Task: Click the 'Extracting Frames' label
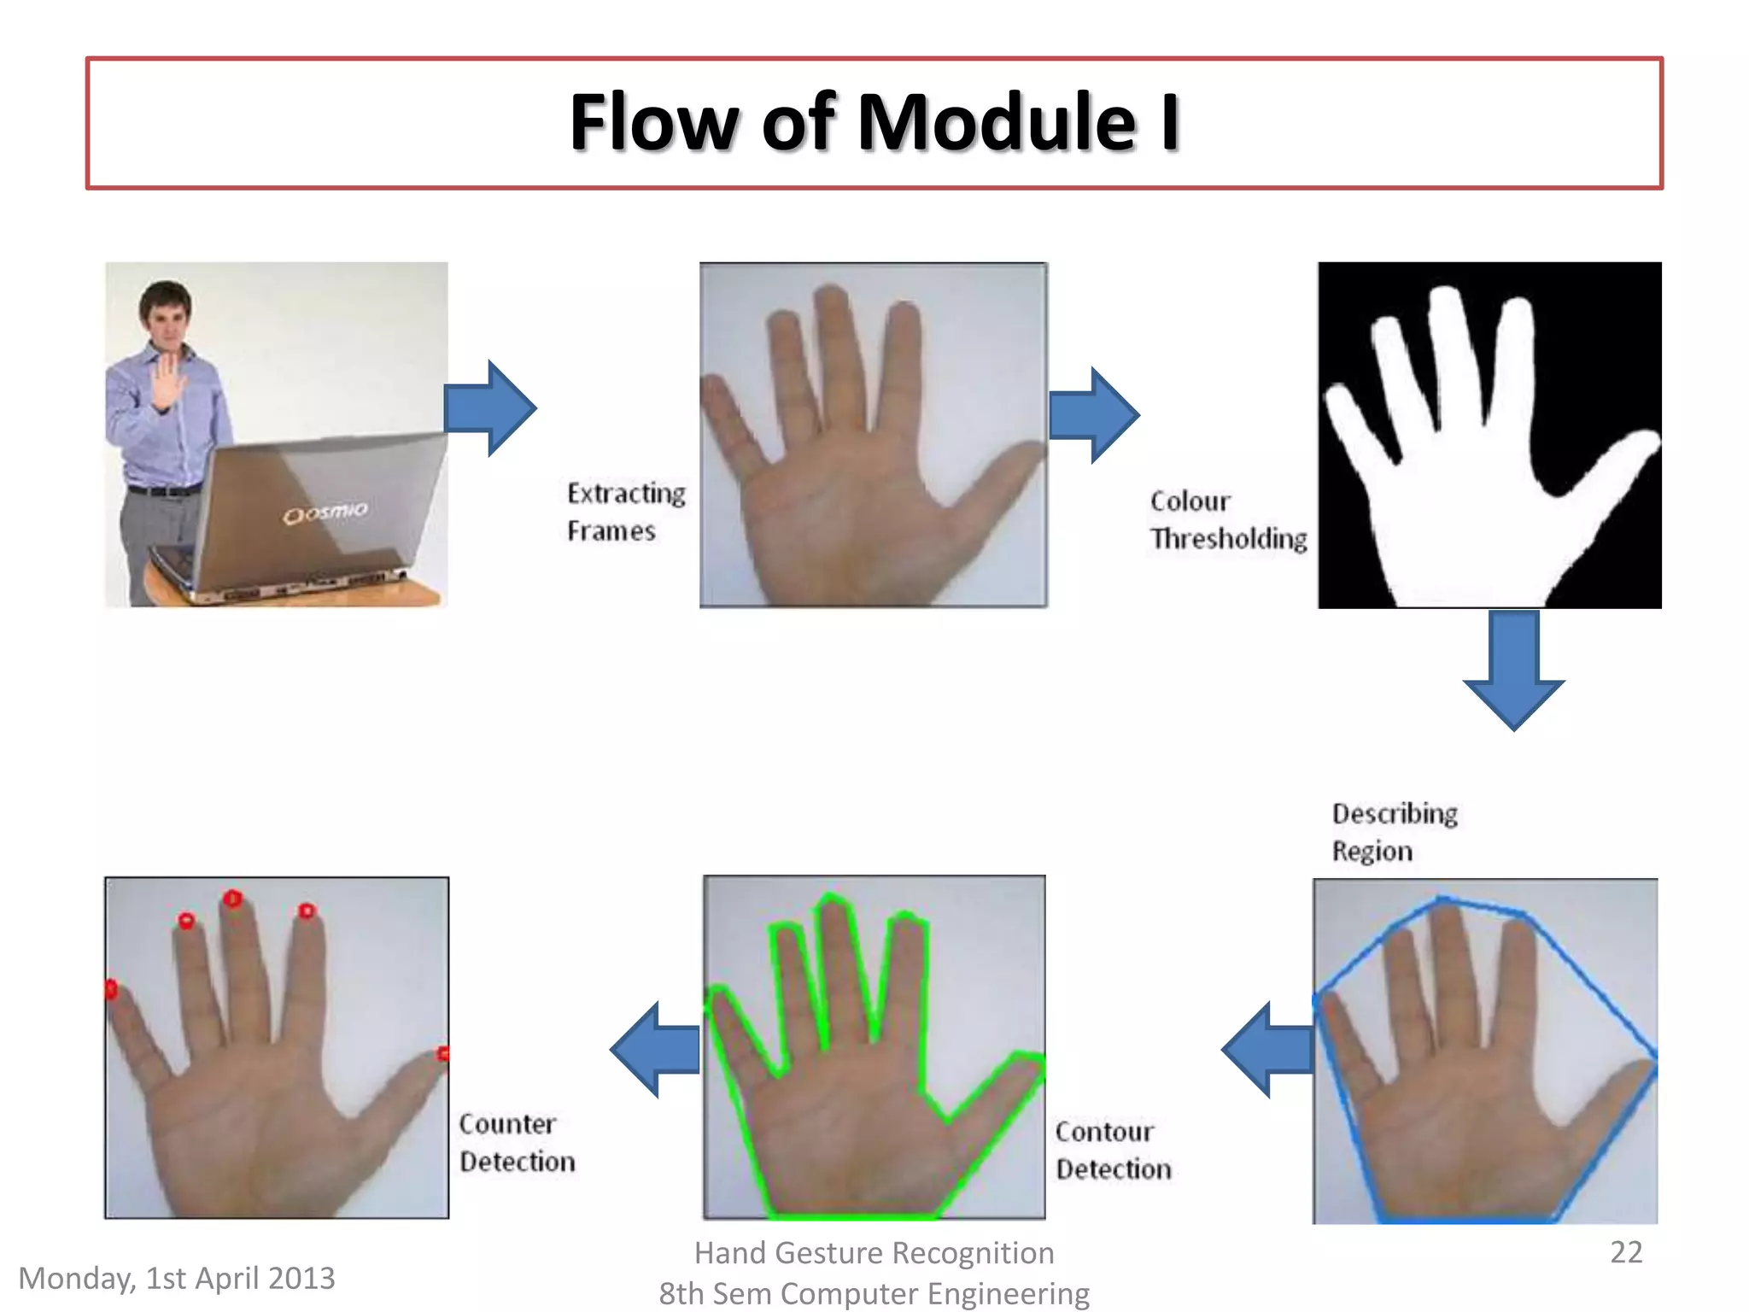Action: pos(626,512)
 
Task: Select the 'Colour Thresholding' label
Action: pos(1228,519)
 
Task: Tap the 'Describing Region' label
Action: pos(1394,831)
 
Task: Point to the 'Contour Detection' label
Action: pos(1113,1150)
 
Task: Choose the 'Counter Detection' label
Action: pos(517,1142)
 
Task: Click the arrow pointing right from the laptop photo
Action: pos(490,408)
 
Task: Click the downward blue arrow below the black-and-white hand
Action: pos(1513,670)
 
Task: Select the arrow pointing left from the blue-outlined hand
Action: pos(1268,1050)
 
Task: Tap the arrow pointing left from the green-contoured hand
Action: pos(656,1050)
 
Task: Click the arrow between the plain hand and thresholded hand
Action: pos(1094,415)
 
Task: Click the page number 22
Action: pos(1626,1252)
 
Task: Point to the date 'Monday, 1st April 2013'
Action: pos(177,1278)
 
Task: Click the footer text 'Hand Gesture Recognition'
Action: pos(874,1252)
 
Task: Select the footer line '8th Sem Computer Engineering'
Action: pos(874,1293)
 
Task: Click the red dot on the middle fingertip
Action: pos(232,899)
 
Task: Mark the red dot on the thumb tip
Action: pos(443,1054)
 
